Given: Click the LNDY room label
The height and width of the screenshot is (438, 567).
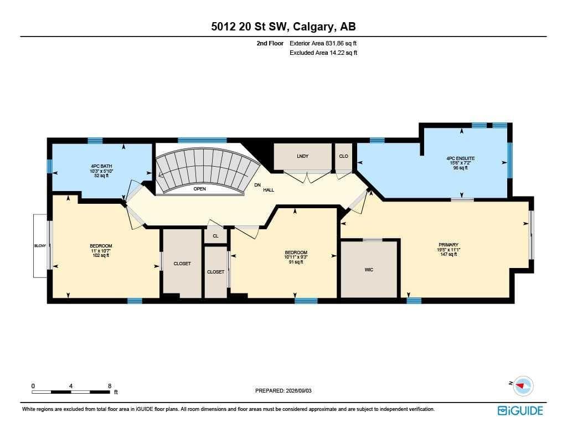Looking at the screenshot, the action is coord(303,156).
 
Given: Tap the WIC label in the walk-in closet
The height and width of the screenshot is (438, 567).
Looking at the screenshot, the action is coord(369,270).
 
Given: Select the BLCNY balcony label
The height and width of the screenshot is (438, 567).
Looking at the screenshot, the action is coord(40,246).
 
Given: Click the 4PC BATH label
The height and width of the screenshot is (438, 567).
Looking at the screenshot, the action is coord(101,166).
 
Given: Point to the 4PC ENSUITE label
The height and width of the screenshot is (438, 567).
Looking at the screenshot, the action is coord(460,158).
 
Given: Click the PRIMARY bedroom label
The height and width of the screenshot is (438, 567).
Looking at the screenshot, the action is coord(449,245).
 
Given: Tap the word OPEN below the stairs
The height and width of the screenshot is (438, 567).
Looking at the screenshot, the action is coord(199,189).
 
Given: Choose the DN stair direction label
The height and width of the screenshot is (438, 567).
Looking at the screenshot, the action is coord(257,185).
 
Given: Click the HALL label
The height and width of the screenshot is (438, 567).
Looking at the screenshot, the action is coord(269,190).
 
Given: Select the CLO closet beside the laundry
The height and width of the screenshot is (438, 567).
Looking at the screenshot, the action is coord(343,156).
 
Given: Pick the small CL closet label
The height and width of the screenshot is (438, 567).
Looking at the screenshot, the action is coord(215,236).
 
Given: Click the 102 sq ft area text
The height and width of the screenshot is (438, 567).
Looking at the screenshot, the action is coord(101,255).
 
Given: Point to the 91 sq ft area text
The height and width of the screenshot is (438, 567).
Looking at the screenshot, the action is coord(296,262).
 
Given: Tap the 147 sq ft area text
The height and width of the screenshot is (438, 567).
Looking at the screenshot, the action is coord(449,254).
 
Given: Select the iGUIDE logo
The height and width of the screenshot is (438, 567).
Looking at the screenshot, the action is coord(520,410).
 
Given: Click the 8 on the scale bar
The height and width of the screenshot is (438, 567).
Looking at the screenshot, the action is coord(110,386).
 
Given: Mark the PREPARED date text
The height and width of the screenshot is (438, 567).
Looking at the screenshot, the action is coord(283,390).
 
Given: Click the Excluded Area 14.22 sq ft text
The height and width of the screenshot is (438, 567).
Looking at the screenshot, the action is coord(323,53).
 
